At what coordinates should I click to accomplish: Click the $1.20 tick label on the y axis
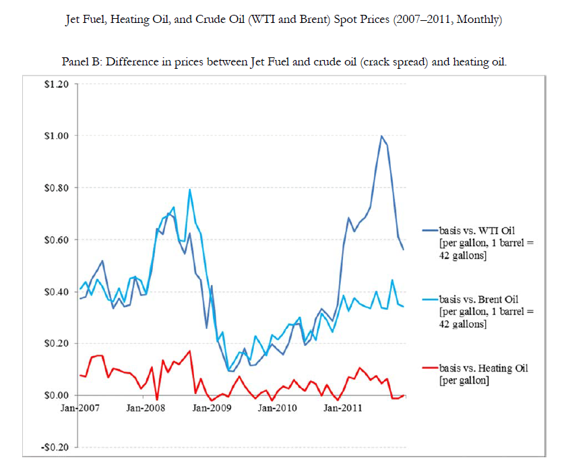tap(57, 84)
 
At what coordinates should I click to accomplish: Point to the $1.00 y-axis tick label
tap(57, 136)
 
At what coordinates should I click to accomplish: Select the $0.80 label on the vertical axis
tap(57, 187)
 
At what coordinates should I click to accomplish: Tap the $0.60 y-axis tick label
tap(57, 239)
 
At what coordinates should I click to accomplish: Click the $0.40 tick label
tap(57, 291)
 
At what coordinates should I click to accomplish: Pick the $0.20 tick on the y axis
tap(57, 343)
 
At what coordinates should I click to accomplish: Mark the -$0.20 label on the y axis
tap(55, 447)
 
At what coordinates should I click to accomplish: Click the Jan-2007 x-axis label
tap(79, 407)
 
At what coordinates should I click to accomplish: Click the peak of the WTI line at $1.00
tap(381, 136)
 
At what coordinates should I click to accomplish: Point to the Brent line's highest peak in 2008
tap(190, 190)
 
